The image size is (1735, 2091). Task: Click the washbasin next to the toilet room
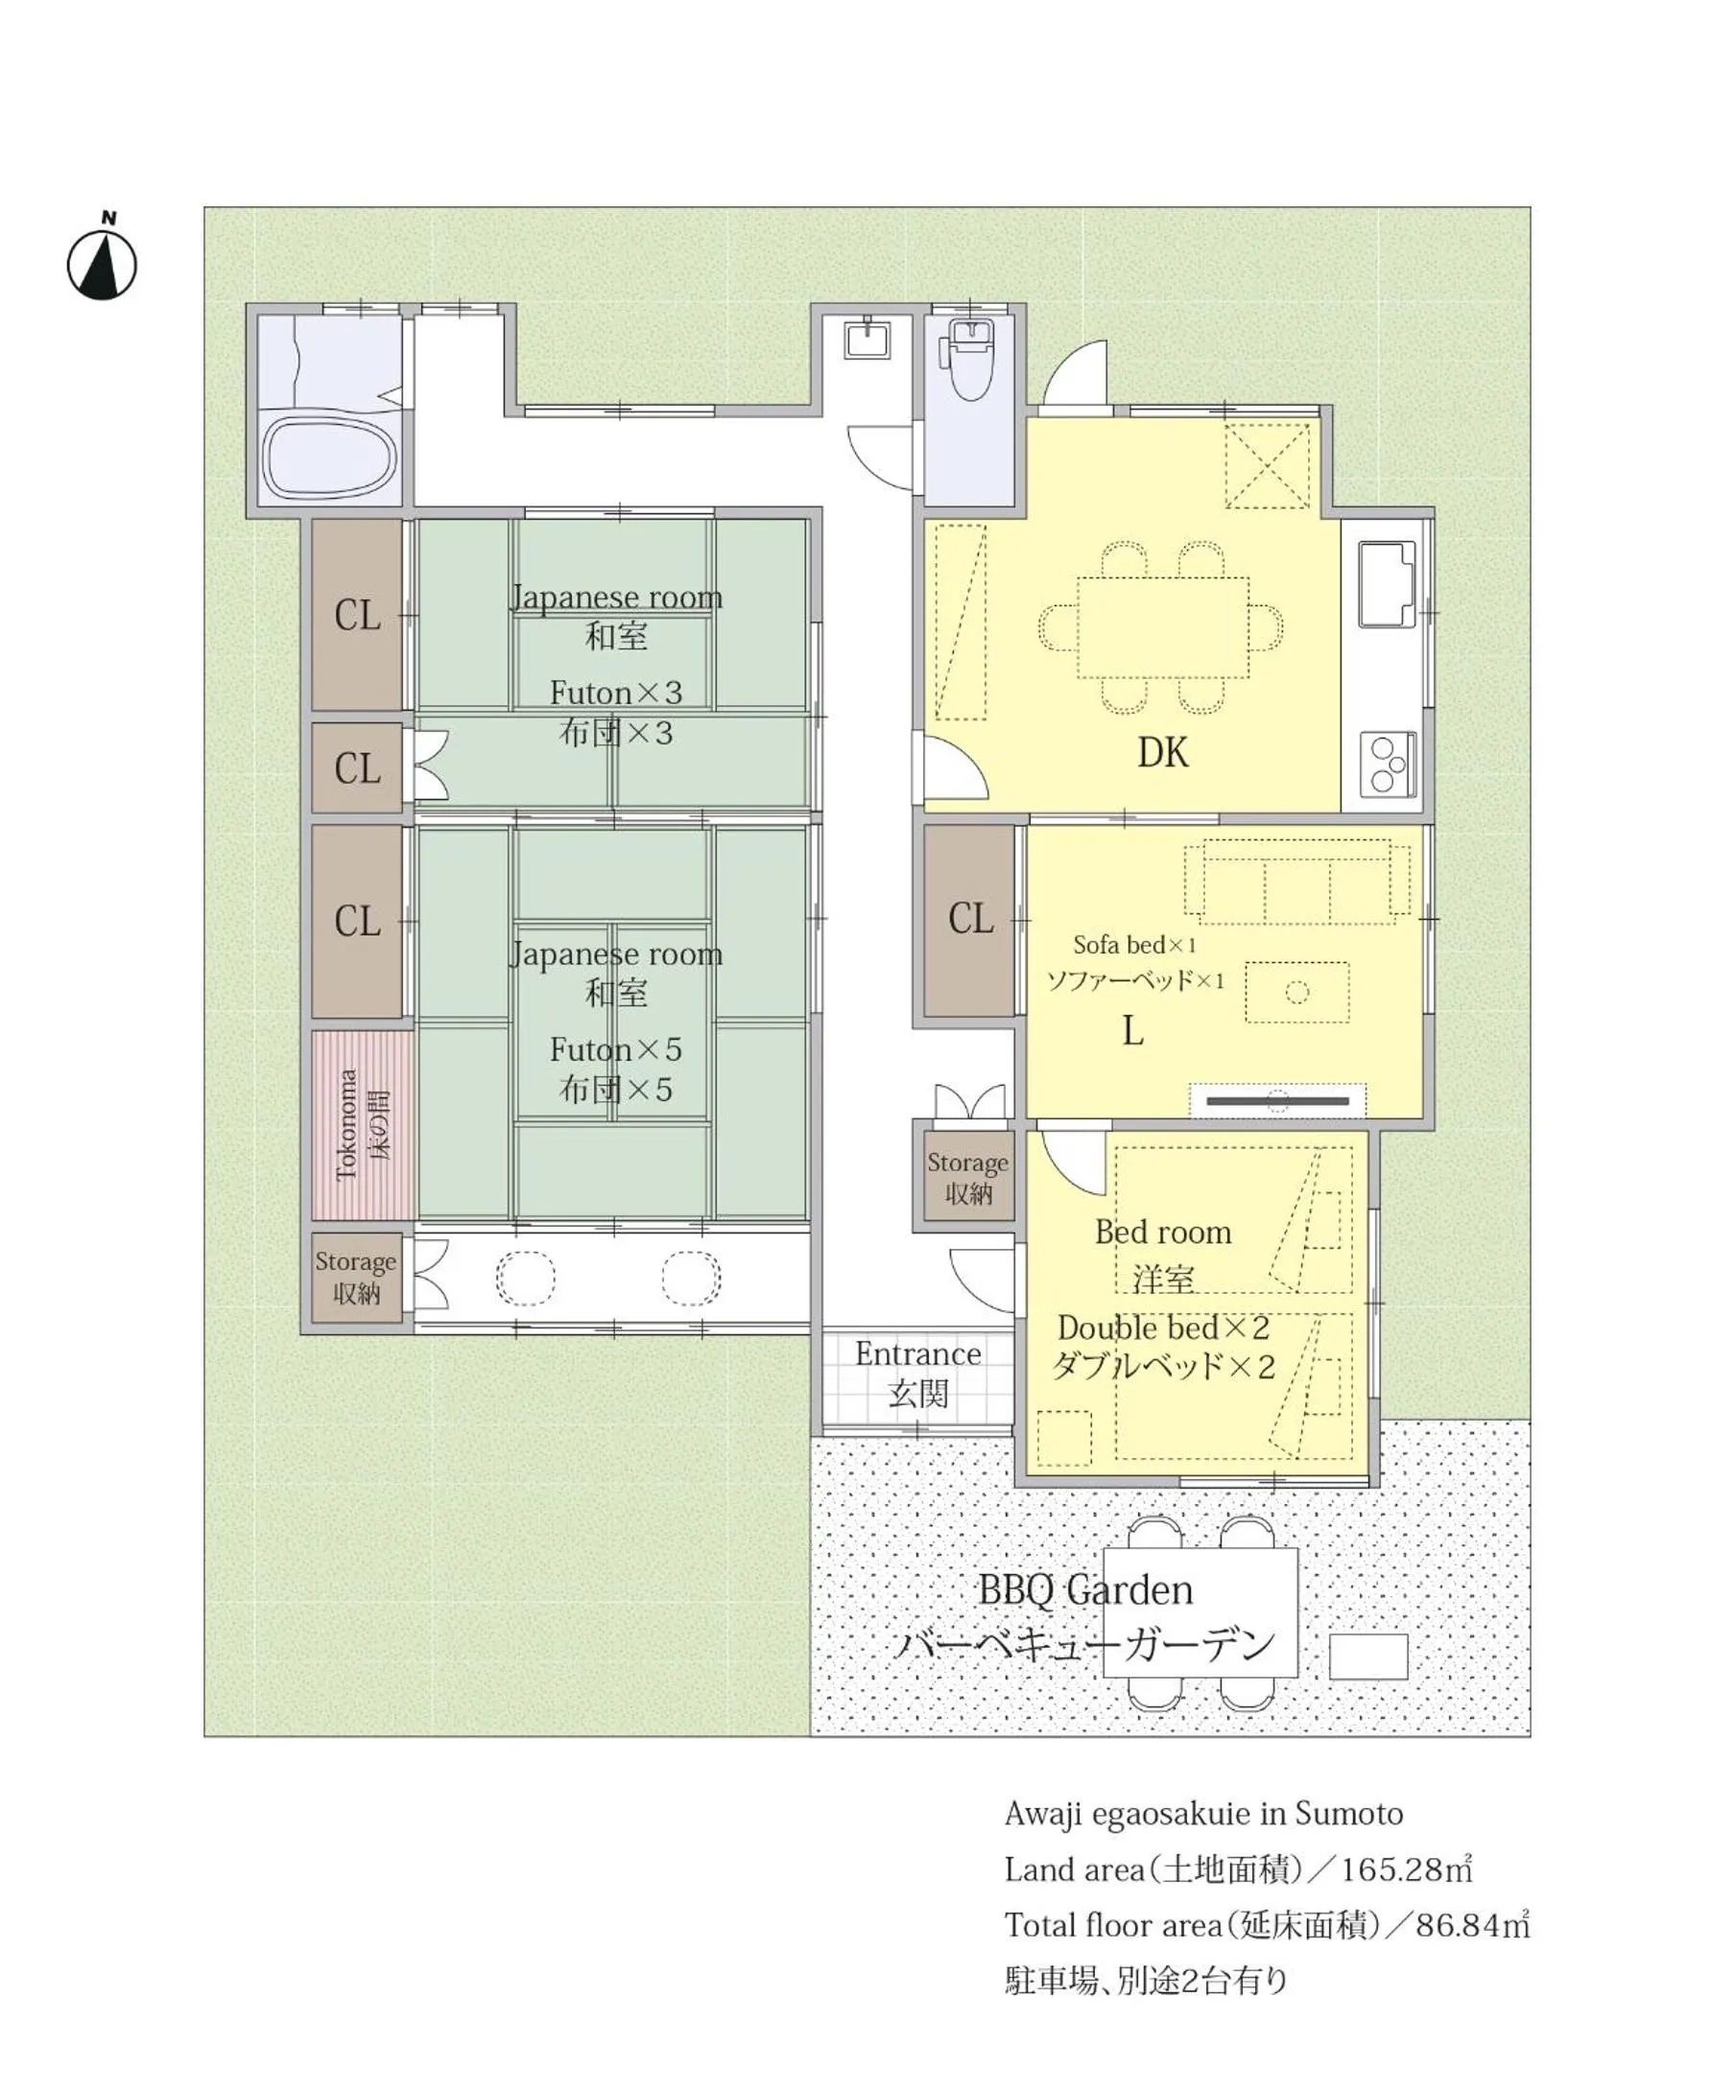point(867,338)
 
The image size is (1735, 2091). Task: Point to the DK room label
point(1162,753)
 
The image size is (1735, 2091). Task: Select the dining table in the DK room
point(1162,627)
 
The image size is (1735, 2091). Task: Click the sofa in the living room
point(1296,880)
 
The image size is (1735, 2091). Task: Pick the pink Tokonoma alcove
point(362,1125)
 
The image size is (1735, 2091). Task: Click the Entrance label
point(917,1353)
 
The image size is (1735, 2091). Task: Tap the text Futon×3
point(615,692)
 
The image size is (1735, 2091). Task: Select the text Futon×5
point(615,1049)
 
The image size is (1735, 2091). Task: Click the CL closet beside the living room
point(969,920)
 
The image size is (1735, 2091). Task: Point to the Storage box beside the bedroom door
point(968,1176)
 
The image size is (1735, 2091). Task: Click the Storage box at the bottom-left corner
point(357,1278)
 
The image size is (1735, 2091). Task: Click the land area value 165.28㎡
point(1406,1870)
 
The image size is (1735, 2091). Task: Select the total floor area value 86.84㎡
point(1472,1926)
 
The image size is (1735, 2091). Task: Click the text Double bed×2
point(1163,1327)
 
